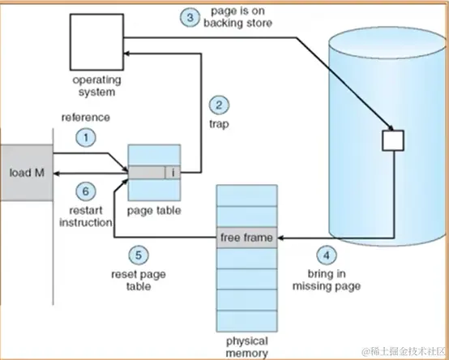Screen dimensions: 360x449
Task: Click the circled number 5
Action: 139,255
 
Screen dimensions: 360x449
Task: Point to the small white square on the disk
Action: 391,139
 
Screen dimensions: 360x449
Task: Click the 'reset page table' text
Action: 138,281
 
